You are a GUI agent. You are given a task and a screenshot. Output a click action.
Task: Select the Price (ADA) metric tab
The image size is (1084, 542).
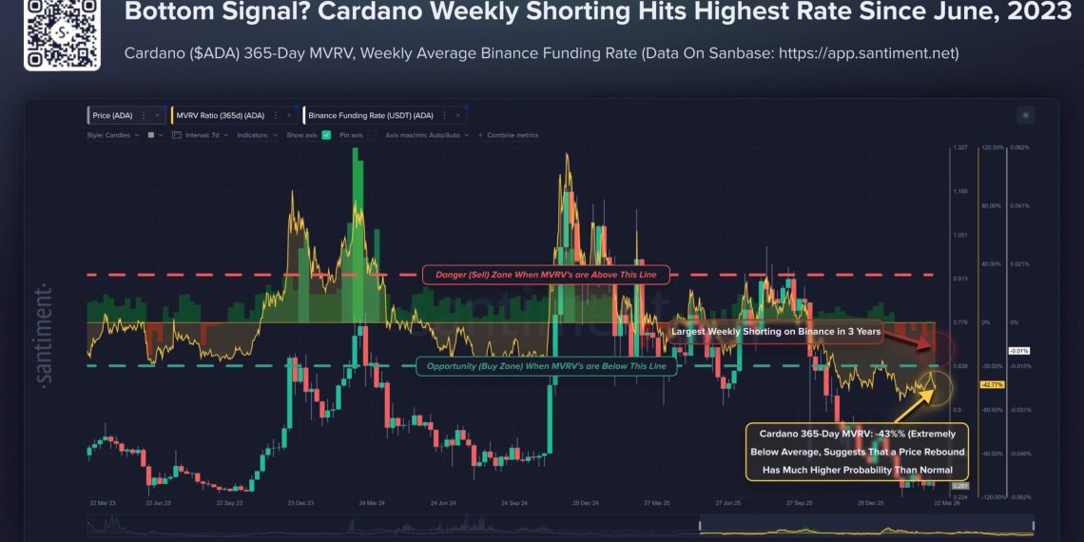pyautogui.click(x=113, y=115)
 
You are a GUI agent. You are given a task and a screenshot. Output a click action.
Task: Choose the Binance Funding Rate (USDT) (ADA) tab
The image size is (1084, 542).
pyautogui.click(x=370, y=115)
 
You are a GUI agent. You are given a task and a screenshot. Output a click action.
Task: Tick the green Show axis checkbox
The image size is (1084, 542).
pyautogui.click(x=326, y=135)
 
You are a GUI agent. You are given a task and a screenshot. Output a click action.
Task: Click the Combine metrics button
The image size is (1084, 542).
pyautogui.click(x=509, y=135)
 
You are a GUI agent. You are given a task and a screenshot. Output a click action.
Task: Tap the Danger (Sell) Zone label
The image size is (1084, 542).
pyautogui.click(x=546, y=275)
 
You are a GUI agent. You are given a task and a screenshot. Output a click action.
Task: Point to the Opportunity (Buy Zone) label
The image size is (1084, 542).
pyautogui.click(x=546, y=366)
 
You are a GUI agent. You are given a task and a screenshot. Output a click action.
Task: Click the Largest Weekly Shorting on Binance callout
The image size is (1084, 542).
pyautogui.click(x=776, y=332)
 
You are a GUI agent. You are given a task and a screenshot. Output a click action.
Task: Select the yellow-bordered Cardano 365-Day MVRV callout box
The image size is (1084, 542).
pyautogui.click(x=856, y=452)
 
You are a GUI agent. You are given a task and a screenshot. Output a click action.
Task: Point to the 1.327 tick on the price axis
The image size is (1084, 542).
pyautogui.click(x=961, y=148)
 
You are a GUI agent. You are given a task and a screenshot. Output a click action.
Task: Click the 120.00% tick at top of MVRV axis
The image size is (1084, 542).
pyautogui.click(x=992, y=148)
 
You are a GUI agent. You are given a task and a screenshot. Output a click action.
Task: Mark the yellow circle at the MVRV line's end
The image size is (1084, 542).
pyautogui.click(x=936, y=385)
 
